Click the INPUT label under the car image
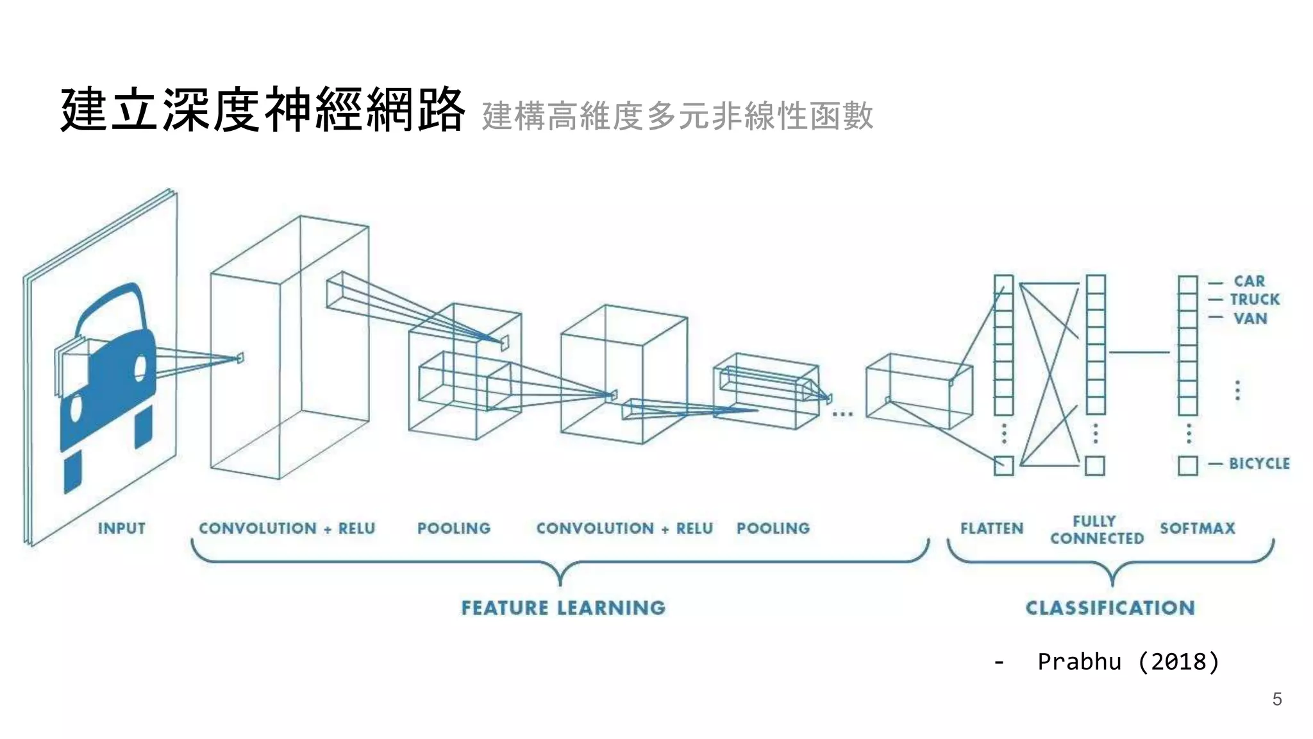[x=121, y=529]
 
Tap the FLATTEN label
[x=992, y=529]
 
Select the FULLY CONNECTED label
[x=1096, y=530]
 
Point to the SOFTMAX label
[x=1197, y=529]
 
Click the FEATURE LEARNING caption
[x=564, y=607]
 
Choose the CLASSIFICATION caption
[x=1110, y=607]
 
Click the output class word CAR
[x=1249, y=281]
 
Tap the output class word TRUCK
[x=1254, y=300]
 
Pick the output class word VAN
[x=1250, y=318]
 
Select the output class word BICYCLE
[x=1259, y=463]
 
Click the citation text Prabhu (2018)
[x=1128, y=661]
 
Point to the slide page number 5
[x=1277, y=699]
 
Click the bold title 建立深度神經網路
[x=262, y=110]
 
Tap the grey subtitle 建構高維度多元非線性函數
[x=677, y=116]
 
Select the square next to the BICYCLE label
[x=1187, y=465]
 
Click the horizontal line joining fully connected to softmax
[x=1139, y=352]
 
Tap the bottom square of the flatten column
[x=1003, y=465]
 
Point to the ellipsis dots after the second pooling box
[x=842, y=414]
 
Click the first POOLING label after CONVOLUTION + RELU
[x=454, y=529]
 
